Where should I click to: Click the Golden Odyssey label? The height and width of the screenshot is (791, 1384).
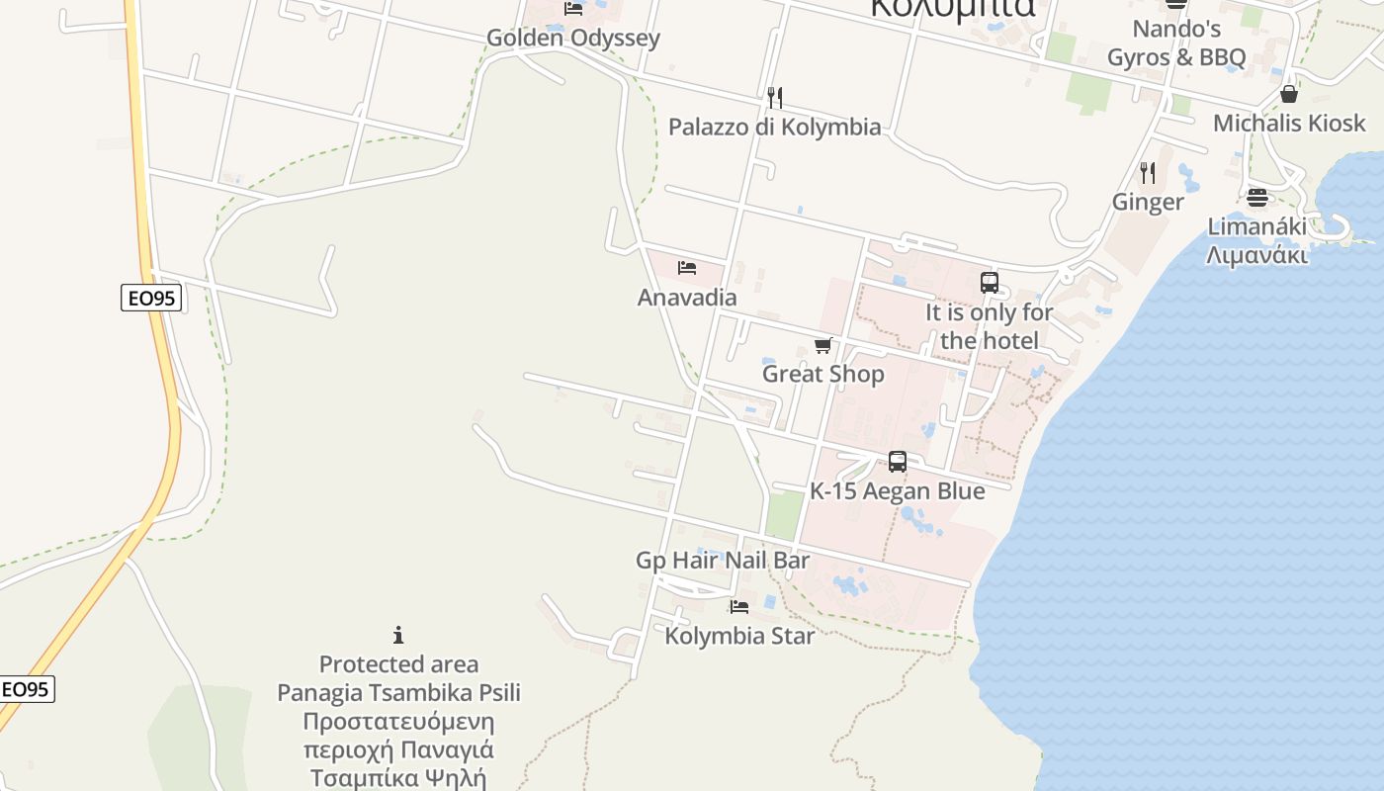tap(572, 39)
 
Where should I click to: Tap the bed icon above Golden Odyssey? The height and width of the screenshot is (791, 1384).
tap(573, 9)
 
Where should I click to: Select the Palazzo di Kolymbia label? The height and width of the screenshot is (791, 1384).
tap(774, 127)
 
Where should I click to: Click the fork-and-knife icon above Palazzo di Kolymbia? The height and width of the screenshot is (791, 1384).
tap(775, 97)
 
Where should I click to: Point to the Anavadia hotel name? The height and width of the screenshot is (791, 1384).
tap(687, 298)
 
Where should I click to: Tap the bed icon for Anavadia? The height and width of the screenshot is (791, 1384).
tap(687, 268)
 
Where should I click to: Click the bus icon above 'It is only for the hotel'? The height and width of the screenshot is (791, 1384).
tap(990, 283)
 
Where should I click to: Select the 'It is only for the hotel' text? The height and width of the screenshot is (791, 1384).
tap(990, 326)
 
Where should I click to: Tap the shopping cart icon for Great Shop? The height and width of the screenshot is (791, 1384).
tap(822, 345)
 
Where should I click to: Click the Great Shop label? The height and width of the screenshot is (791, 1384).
tap(822, 374)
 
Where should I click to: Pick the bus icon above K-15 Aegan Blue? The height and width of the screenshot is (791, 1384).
tap(898, 462)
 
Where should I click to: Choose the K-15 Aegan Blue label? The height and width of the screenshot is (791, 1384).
tap(898, 491)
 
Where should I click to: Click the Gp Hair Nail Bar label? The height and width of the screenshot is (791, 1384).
tap(723, 561)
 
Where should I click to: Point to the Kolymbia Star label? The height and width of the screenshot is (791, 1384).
tap(739, 636)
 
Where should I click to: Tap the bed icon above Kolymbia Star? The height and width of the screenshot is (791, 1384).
tap(739, 606)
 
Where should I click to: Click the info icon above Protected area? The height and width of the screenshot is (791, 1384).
tap(398, 635)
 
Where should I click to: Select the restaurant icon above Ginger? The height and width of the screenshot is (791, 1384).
tap(1148, 173)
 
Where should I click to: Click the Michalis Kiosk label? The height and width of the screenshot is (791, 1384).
tap(1289, 124)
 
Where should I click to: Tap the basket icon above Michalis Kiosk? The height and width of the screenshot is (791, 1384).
tap(1289, 94)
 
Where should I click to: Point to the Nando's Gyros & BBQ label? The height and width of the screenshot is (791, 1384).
tap(1176, 43)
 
